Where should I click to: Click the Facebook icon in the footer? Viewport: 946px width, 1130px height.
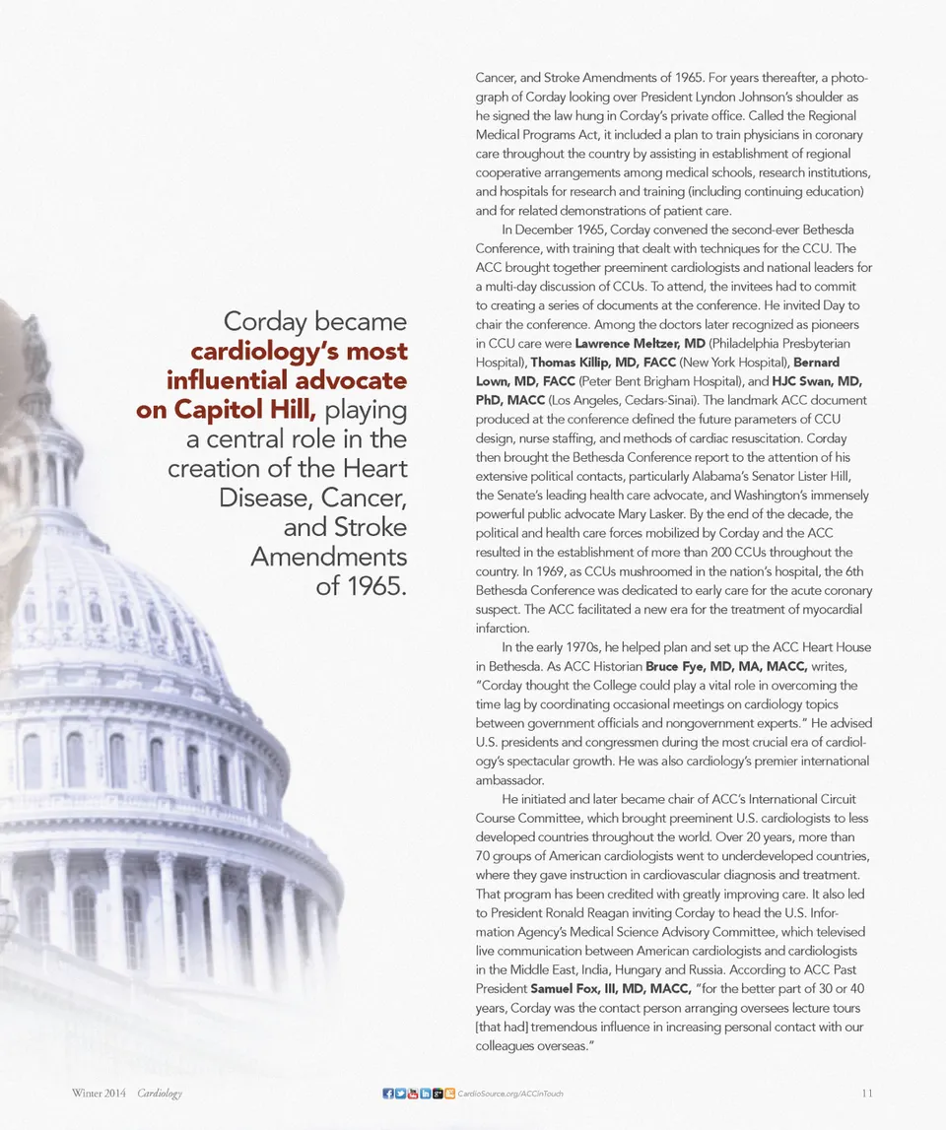point(387,1094)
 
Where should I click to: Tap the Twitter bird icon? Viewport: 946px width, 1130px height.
point(400,1094)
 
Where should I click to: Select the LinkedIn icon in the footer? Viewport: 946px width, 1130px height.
point(425,1094)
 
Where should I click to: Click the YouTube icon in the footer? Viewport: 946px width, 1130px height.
point(412,1094)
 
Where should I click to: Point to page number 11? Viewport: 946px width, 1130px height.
point(867,1094)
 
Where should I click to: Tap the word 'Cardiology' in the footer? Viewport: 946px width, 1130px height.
point(160,1094)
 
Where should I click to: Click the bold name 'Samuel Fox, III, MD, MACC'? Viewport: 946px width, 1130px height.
point(610,988)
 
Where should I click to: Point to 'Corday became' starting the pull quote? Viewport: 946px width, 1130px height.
point(315,321)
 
